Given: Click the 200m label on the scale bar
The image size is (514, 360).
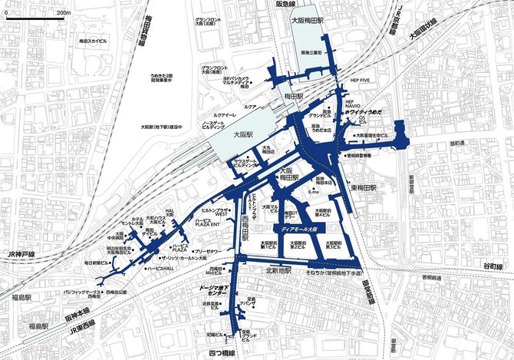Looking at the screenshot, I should [x=63, y=13].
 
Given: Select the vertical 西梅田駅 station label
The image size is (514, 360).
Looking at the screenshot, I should [x=244, y=229].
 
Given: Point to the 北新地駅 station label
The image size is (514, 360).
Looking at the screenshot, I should [x=280, y=269].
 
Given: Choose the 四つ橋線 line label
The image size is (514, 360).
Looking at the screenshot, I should [x=221, y=352].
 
